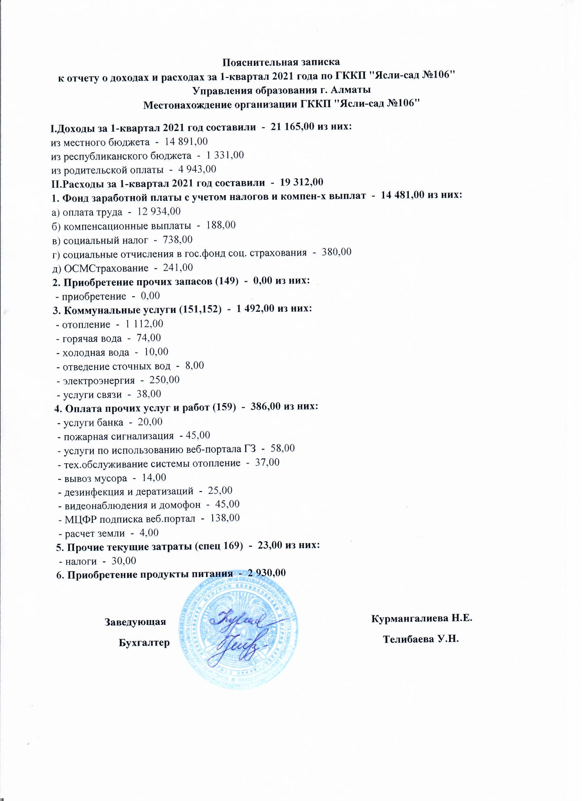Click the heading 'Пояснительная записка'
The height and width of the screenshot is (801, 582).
pyautogui.click(x=281, y=62)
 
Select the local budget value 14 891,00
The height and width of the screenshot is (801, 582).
pyautogui.click(x=184, y=141)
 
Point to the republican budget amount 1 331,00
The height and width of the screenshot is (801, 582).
pyautogui.click(x=225, y=155)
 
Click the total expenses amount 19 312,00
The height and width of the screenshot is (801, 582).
pyautogui.click(x=301, y=182)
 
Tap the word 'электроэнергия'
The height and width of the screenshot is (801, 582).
pyautogui.click(x=99, y=380)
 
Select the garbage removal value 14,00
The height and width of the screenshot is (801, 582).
pyautogui.click(x=153, y=478)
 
